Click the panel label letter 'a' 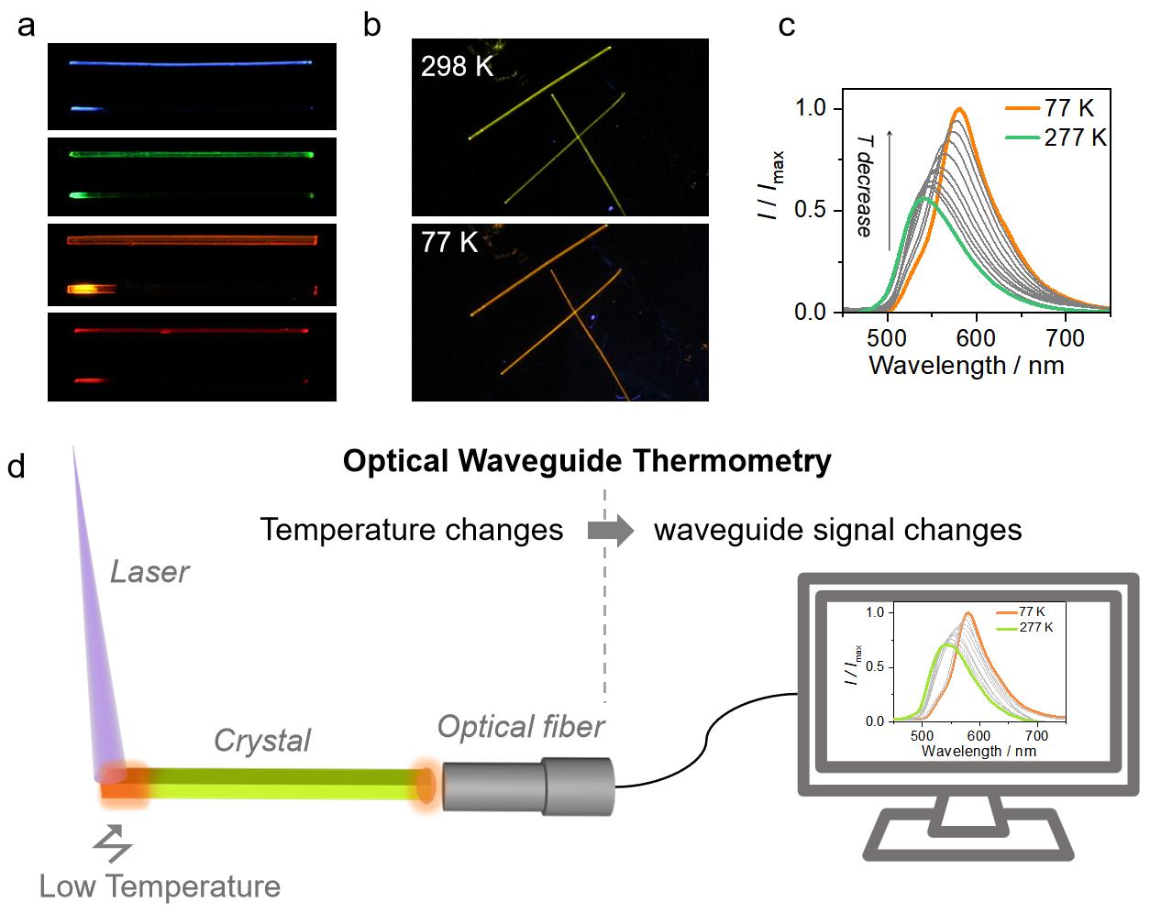pos(26,25)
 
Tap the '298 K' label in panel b pos(457,66)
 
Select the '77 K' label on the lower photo pos(449,242)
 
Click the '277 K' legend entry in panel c pos(1075,137)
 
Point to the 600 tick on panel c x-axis pos(977,337)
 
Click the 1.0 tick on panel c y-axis pos(810,108)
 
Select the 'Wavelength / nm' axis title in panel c pos(966,366)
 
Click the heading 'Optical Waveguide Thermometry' pos(587,460)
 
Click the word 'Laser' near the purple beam pos(149,572)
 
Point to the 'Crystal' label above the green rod pos(262,740)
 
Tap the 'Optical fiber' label pos(521,727)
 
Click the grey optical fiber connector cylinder pos(527,786)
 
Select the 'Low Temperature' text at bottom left pos(160,886)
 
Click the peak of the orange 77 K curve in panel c pos(959,109)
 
